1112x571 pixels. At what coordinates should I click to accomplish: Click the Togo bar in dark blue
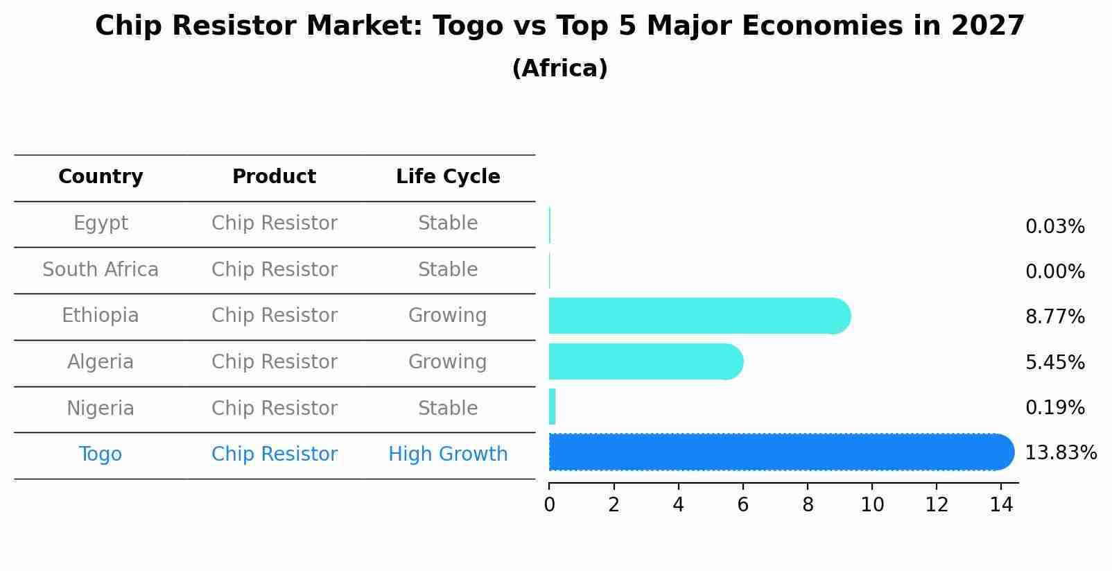coord(780,452)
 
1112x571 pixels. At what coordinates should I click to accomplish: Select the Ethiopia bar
coord(699,316)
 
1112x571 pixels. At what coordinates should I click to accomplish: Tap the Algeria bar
coord(645,361)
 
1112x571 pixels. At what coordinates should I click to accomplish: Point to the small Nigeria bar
coord(553,407)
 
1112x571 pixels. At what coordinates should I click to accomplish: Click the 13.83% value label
coord(1060,453)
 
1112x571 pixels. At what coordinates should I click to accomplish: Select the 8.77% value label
coord(1054,317)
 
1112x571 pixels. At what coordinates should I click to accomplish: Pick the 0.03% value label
coord(1054,227)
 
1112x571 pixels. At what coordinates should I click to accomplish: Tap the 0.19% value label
coord(1054,408)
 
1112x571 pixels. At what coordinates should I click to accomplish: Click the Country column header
coord(101,177)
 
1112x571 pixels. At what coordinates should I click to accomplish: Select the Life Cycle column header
coord(448,177)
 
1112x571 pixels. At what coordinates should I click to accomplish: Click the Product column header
coord(274,177)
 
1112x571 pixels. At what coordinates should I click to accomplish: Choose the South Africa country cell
coord(101,270)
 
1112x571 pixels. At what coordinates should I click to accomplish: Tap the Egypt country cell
coord(101,223)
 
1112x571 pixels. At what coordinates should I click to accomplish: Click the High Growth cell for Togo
coord(448,454)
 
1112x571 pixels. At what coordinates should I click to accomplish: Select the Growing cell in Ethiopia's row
coord(448,316)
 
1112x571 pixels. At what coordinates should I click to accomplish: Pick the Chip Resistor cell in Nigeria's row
coord(274,409)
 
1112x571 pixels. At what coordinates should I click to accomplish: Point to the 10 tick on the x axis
coord(872,505)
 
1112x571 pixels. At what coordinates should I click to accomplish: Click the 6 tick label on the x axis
coord(742,505)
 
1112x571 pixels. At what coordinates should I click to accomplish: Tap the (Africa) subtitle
coord(559,69)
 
